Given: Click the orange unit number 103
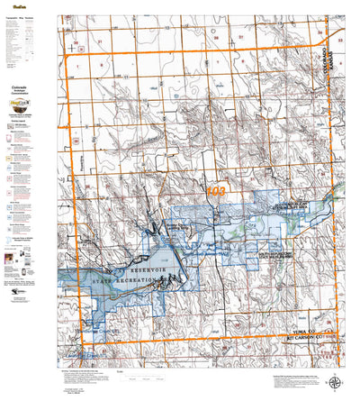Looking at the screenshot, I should click(x=216, y=192).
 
